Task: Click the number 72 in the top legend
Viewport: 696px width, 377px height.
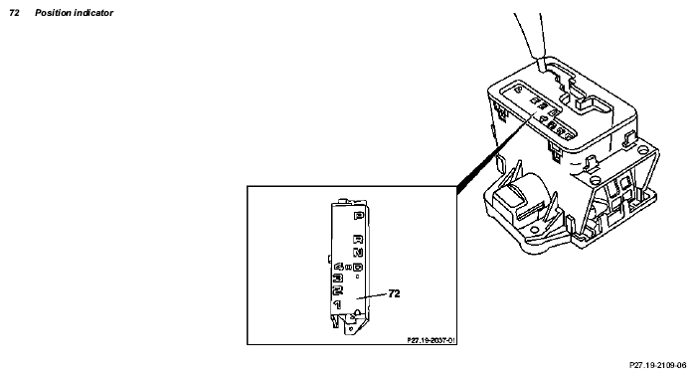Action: point(13,13)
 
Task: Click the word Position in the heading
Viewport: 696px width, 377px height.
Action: point(53,13)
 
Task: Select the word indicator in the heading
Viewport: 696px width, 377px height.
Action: point(94,13)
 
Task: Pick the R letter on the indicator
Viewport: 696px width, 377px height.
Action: point(358,240)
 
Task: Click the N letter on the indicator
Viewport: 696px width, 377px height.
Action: point(358,254)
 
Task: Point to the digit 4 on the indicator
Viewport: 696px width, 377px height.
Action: point(339,267)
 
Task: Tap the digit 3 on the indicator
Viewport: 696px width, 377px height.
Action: point(339,278)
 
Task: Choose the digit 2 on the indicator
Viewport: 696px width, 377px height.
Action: point(339,288)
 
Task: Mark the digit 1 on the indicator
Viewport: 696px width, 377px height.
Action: point(339,302)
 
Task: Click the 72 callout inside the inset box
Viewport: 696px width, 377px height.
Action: point(394,294)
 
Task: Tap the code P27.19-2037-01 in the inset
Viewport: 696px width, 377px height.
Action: point(432,339)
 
